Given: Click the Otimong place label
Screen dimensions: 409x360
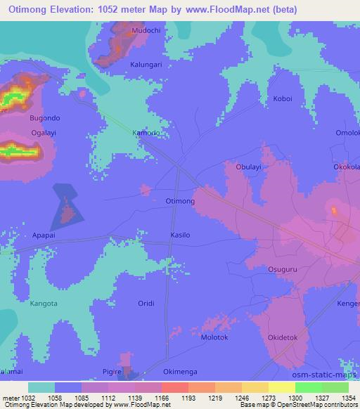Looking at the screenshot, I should point(179,201).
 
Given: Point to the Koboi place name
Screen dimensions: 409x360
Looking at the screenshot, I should point(282,100).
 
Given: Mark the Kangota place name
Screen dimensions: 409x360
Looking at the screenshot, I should point(46,304).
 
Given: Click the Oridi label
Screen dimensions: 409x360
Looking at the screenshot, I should point(146,303).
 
